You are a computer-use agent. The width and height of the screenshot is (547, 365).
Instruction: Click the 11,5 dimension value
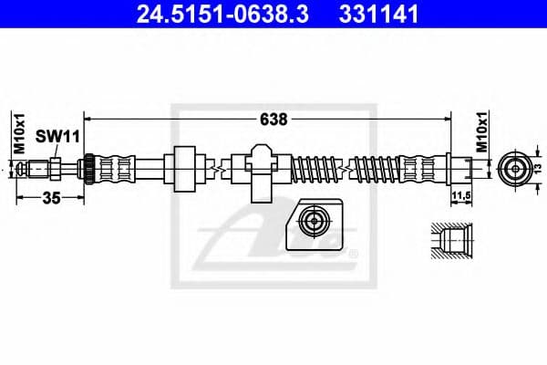tap(461, 193)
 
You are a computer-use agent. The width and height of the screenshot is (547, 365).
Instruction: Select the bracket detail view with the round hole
tap(313, 224)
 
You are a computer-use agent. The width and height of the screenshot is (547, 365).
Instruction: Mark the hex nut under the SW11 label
tap(56, 169)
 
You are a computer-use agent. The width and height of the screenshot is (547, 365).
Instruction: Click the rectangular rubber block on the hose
tap(185, 169)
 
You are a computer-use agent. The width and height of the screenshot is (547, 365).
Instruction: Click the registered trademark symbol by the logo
tap(354, 253)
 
